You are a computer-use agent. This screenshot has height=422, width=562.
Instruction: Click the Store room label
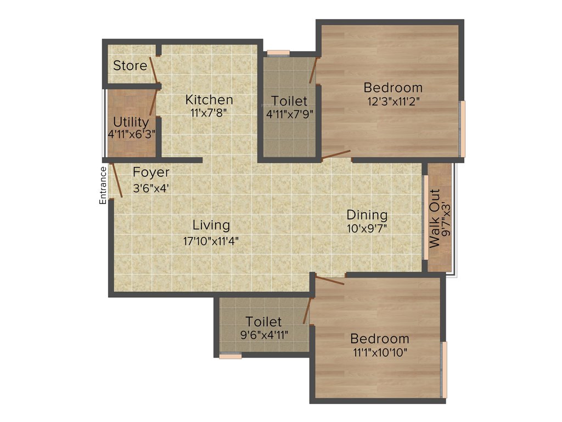point(130,66)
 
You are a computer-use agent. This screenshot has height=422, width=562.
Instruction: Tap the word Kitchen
point(209,100)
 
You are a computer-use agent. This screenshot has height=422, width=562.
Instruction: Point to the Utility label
point(131,122)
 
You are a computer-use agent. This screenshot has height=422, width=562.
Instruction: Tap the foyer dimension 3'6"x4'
point(151,187)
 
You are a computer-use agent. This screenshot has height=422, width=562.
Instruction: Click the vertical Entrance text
point(103,185)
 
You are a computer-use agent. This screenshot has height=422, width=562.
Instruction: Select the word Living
point(211,225)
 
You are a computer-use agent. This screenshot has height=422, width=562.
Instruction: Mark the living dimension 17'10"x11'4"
point(211,240)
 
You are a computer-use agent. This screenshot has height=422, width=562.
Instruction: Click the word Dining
point(367,215)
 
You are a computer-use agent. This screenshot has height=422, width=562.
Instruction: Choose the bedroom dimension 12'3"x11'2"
point(393,101)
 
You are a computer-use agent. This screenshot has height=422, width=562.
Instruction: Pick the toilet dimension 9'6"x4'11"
point(263,334)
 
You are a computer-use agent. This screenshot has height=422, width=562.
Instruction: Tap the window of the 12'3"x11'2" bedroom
point(463,129)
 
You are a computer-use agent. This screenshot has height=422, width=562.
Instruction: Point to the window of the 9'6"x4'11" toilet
point(230,356)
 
